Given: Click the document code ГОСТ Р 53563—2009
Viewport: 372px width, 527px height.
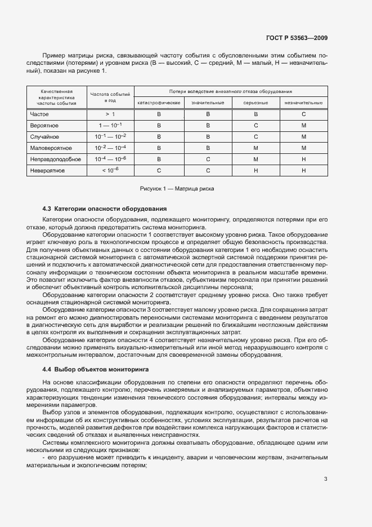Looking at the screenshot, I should click(x=297, y=38).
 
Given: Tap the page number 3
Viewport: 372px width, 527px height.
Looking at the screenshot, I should click(x=325, y=463).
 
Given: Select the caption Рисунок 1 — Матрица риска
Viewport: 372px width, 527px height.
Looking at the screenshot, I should click(x=177, y=188).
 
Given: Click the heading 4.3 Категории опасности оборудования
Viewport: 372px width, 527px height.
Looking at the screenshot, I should click(x=105, y=209).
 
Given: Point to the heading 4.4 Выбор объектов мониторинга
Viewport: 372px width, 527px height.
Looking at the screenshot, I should click(x=96, y=369).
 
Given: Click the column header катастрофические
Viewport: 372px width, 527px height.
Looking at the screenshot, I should click(x=159, y=103).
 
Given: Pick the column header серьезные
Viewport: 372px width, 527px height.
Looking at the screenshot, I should click(x=256, y=103).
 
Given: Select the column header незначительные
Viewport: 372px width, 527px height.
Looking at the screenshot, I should click(x=303, y=103).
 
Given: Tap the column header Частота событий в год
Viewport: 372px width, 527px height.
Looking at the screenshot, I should click(x=110, y=96).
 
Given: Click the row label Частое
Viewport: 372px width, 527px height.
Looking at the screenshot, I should click(x=39, y=114).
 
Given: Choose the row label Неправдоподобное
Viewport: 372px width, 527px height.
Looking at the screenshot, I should click(x=55, y=159).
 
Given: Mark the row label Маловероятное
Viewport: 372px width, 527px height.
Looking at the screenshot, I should click(x=51, y=148).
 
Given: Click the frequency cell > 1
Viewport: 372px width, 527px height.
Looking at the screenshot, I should click(x=110, y=114).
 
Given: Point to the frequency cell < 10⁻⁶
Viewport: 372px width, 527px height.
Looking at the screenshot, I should click(x=110, y=170).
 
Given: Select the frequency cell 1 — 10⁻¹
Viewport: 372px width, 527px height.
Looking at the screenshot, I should click(x=110, y=125).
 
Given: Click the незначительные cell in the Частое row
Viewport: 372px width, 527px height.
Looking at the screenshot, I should click(x=303, y=114).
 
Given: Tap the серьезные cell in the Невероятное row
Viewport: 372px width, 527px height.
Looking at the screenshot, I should click(x=256, y=170).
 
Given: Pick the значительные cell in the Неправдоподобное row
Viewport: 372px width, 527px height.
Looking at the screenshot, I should click(x=208, y=159).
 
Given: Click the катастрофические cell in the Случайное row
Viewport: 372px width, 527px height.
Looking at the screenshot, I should click(x=159, y=136).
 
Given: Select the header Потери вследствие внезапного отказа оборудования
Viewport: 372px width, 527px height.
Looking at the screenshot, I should click(x=231, y=91).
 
